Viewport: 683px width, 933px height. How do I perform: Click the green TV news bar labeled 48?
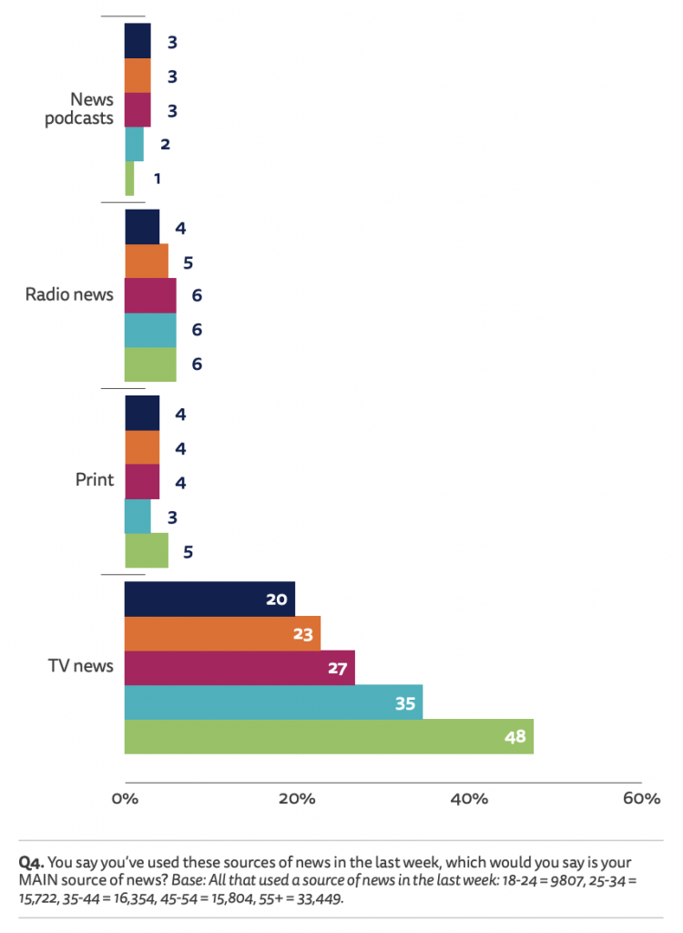pos(328,736)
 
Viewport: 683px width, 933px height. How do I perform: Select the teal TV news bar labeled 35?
pos(273,702)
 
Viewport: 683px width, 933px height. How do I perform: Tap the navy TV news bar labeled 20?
pos(209,599)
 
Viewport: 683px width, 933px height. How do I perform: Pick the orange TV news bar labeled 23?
pos(222,633)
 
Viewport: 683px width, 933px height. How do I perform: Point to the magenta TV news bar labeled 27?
pos(240,667)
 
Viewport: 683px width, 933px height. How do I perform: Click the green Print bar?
pos(146,550)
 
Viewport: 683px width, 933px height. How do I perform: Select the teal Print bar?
pos(138,517)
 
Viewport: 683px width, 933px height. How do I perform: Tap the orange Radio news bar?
pos(146,261)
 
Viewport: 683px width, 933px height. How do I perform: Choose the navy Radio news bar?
pos(141,227)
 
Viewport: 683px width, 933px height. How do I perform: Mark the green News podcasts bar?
pos(129,178)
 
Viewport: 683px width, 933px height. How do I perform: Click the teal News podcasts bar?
pos(134,144)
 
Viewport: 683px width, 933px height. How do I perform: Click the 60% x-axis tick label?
pos(641,799)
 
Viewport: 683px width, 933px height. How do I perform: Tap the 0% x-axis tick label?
pos(124,799)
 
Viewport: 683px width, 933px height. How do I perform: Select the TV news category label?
pos(80,666)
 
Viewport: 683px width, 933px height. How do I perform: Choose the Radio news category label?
pos(69,294)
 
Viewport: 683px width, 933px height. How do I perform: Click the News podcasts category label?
pos(79,108)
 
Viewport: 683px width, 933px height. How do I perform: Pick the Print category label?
pos(95,480)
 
